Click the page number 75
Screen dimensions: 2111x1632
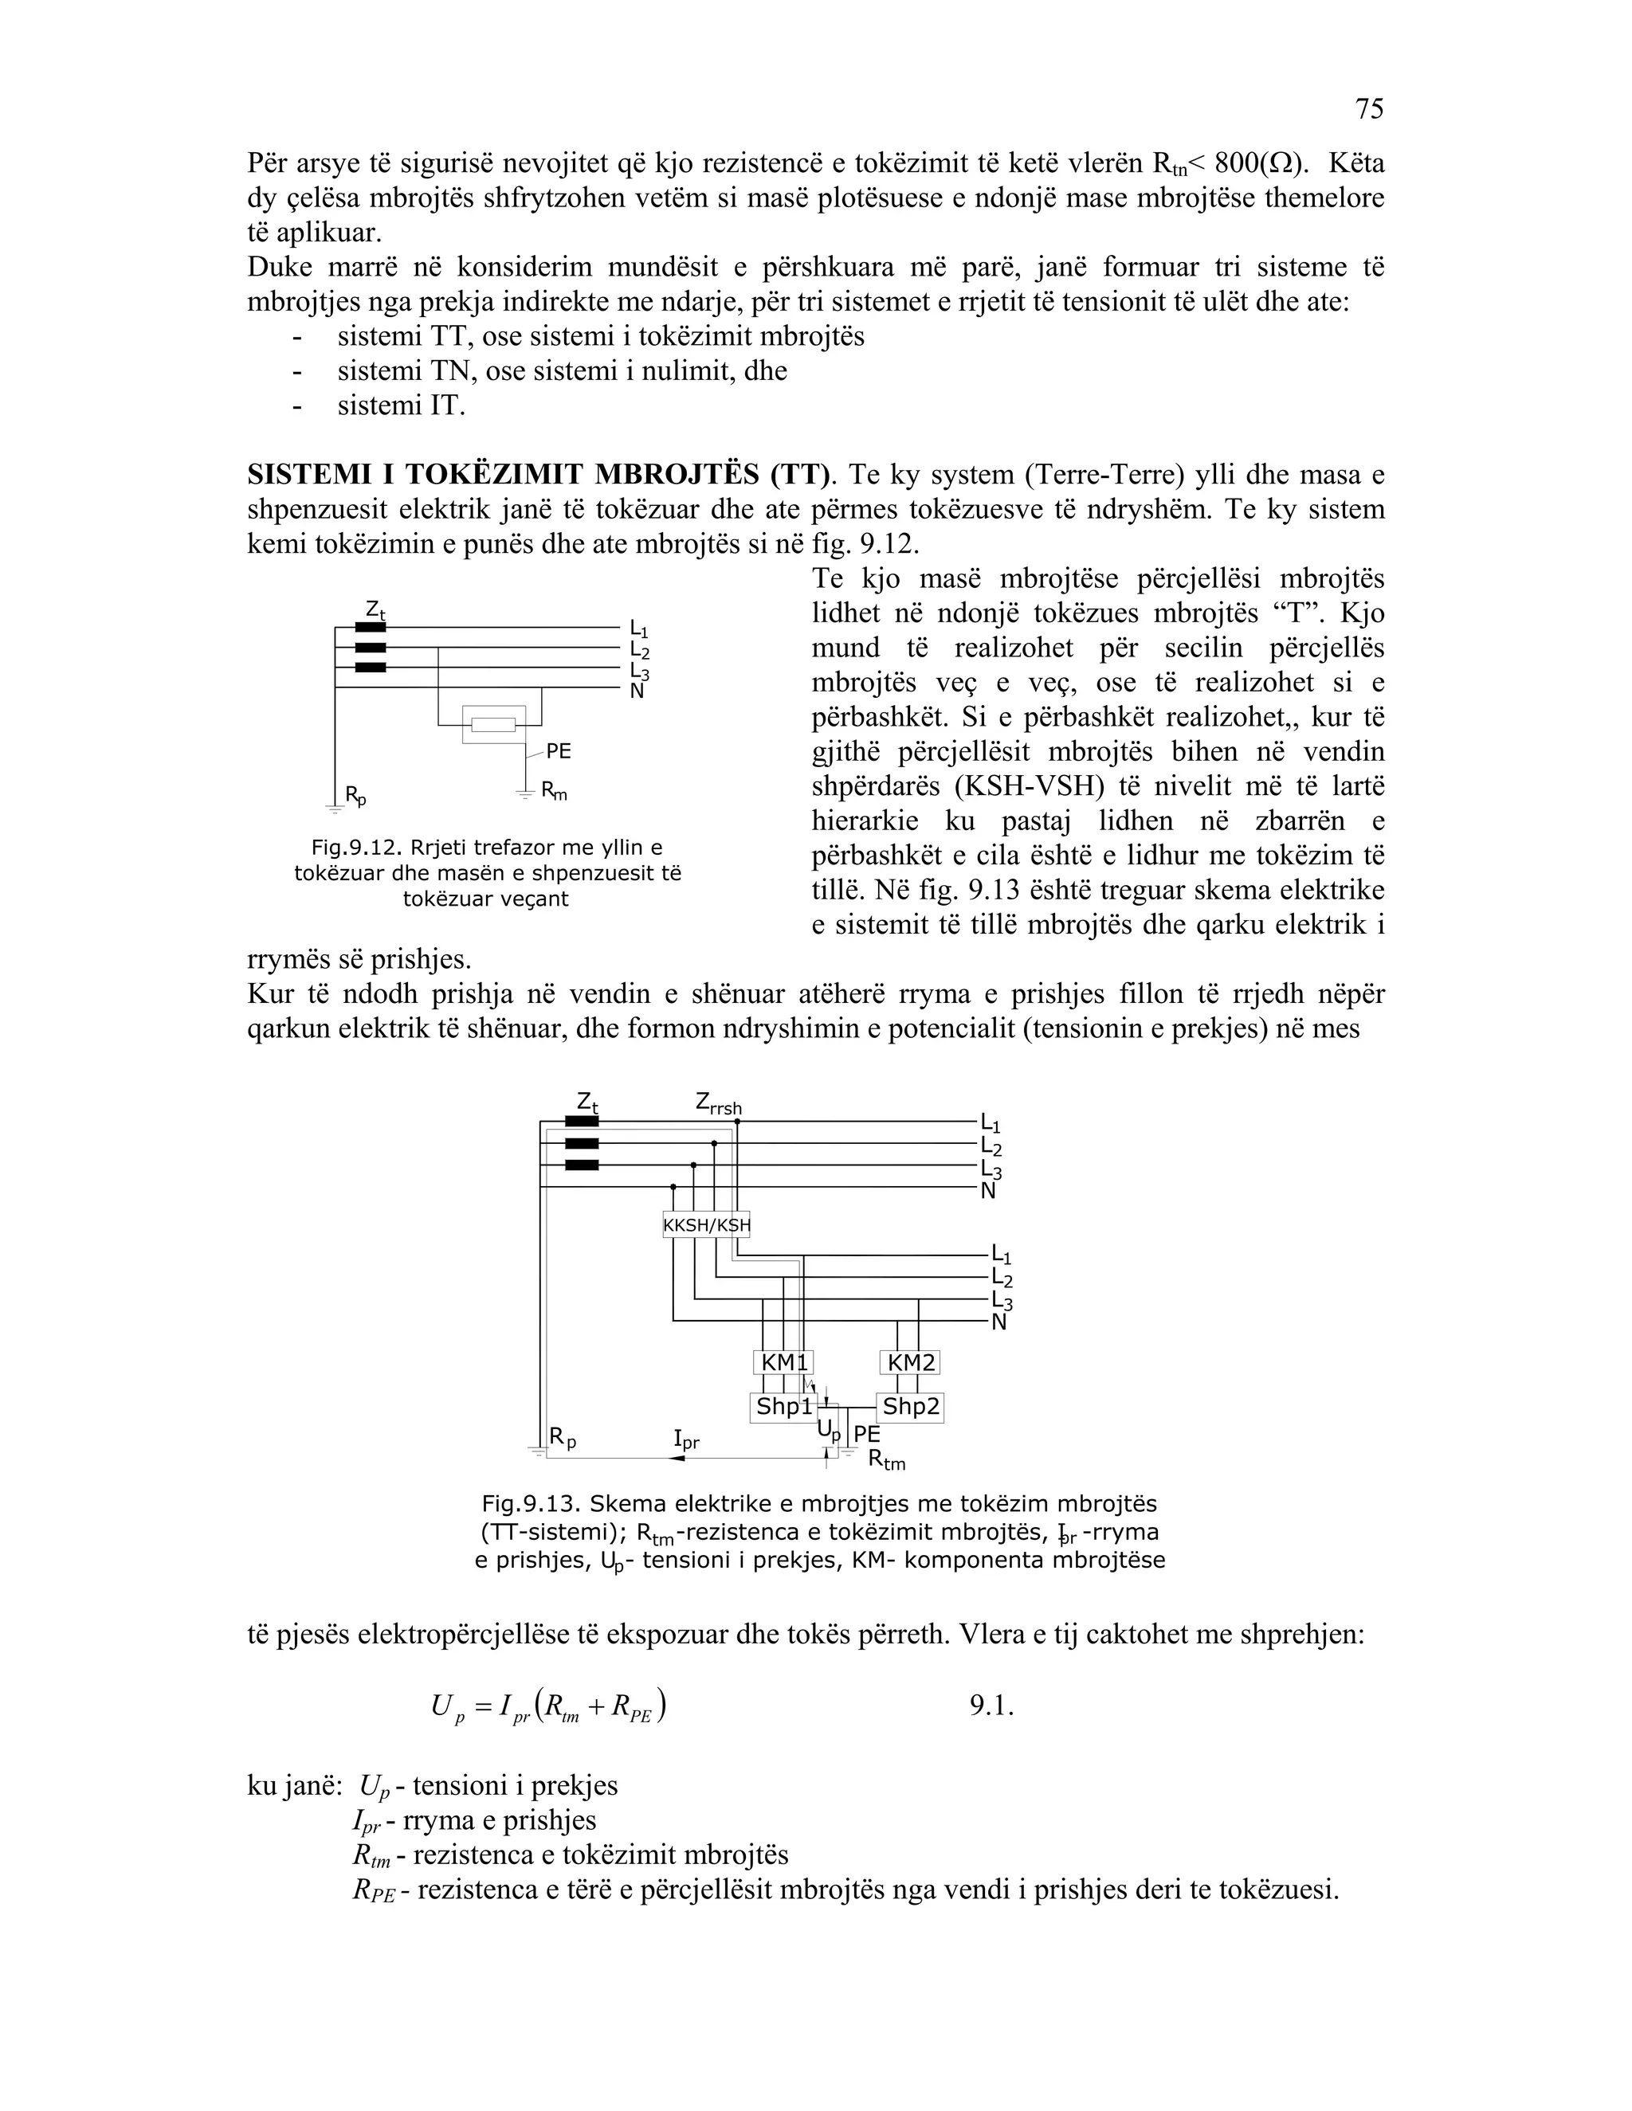tap(1369, 109)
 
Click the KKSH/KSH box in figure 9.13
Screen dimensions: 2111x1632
tap(706, 1226)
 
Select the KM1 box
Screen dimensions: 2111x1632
tap(783, 1363)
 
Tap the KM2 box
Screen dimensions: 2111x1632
tap(911, 1363)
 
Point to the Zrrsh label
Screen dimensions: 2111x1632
tap(718, 1102)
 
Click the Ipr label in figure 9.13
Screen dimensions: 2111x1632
tap(685, 1441)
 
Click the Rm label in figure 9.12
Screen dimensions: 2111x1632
tap(554, 792)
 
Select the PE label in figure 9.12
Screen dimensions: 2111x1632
tap(558, 751)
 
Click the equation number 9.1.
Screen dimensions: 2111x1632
tap(991, 1706)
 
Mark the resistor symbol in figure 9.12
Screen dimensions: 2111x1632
tap(493, 725)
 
